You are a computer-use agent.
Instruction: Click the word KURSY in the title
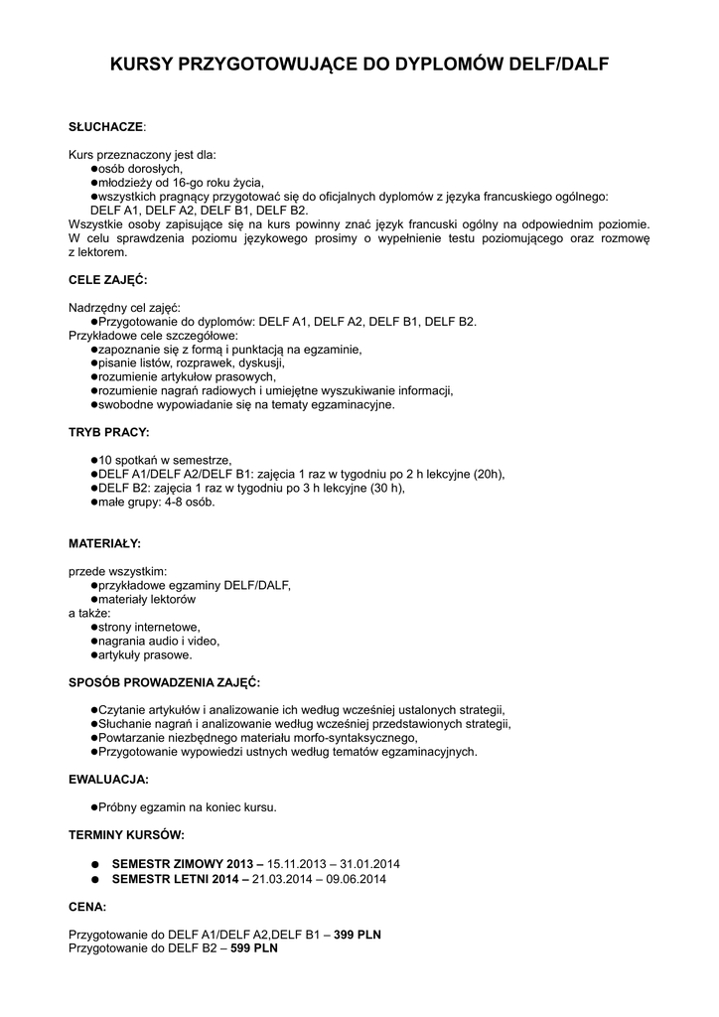point(141,66)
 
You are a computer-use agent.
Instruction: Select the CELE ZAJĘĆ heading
point(108,280)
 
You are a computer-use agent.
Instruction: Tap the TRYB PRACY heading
point(109,433)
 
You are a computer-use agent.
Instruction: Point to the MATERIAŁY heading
point(104,544)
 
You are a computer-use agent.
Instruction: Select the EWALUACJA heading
point(108,779)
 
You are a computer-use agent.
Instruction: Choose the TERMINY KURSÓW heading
point(126,833)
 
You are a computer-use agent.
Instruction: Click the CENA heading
point(87,907)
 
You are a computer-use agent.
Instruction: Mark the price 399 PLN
point(358,935)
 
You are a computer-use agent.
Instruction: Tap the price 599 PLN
point(254,948)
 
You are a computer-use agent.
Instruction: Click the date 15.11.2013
point(297,864)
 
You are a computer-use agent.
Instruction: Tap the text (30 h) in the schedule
point(388,489)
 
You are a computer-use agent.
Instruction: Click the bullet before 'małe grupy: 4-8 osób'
point(94,503)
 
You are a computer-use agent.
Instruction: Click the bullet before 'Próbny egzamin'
point(94,807)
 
